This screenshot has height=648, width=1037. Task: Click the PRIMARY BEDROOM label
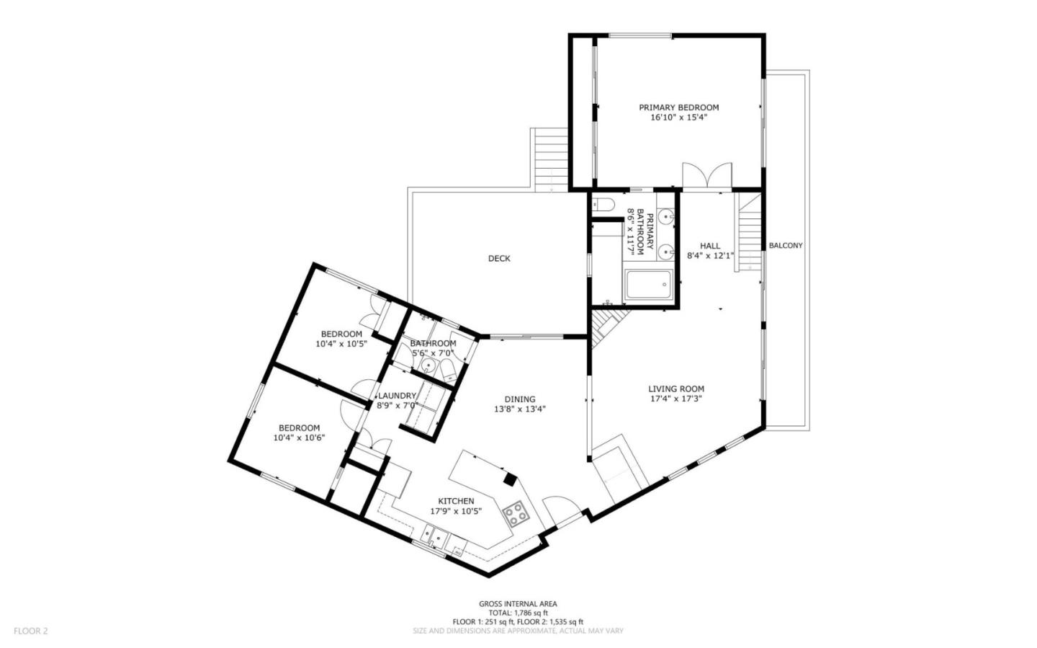678,107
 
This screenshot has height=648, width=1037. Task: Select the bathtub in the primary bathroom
648,285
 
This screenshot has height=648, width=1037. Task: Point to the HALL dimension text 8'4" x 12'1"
710,255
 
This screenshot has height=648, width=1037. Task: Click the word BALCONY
785,245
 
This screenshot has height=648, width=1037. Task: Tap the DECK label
499,258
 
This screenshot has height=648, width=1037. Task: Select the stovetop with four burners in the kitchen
516,514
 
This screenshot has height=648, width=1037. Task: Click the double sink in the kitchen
434,536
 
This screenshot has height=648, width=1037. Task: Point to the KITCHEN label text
456,501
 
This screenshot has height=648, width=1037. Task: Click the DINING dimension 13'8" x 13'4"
520,409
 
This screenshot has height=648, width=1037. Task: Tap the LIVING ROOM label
676,389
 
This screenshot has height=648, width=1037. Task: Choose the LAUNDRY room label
397,396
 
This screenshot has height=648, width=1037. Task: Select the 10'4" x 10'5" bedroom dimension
341,344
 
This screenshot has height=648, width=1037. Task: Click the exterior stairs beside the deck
550,159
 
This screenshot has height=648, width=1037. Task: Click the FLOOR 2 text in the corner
30,631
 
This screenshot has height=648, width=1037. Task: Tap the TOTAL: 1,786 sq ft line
518,613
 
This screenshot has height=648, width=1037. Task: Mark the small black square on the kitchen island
510,477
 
